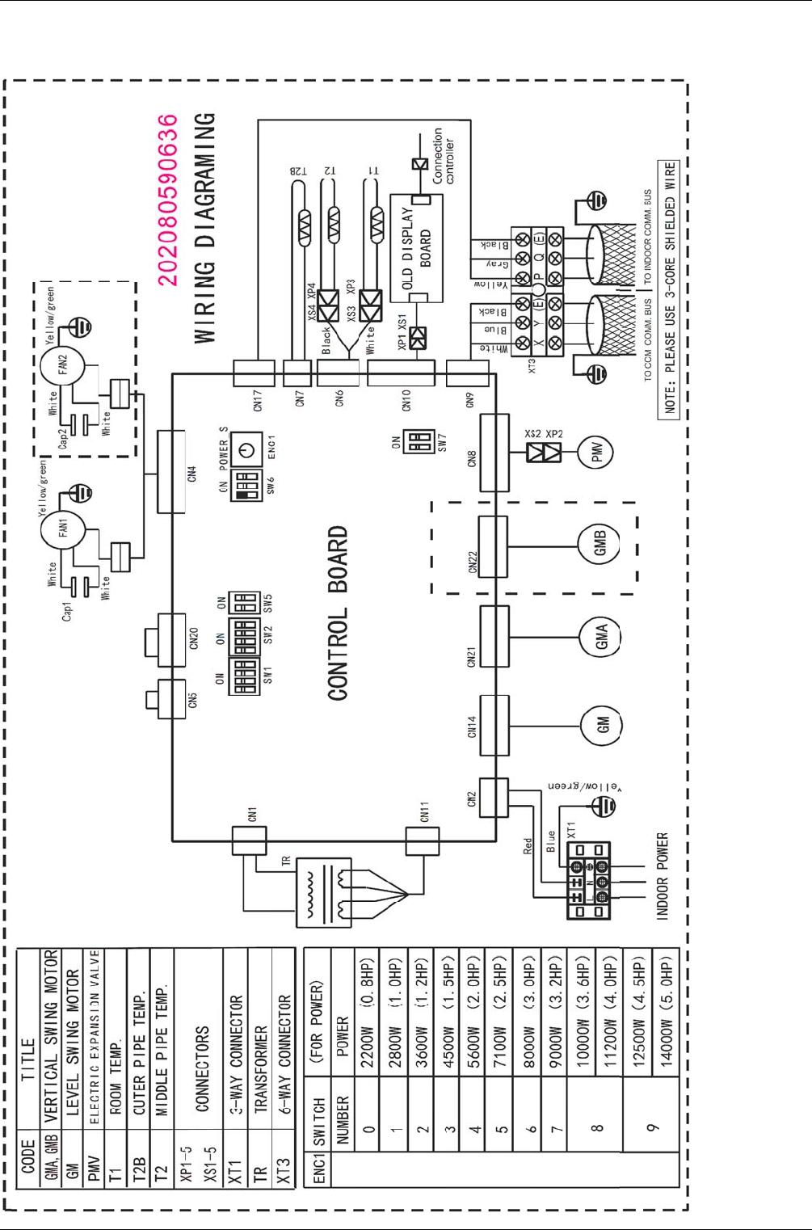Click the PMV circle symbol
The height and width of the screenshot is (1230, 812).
pyautogui.click(x=596, y=452)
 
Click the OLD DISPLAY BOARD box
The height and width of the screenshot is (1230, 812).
pyautogui.click(x=416, y=247)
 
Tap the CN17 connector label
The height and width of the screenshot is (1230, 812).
pyautogui.click(x=258, y=399)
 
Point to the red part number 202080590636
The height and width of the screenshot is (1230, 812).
pyautogui.click(x=167, y=200)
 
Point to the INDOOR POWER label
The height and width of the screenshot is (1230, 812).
pyautogui.click(x=663, y=876)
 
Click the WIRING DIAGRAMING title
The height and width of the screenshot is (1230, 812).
pyautogui.click(x=205, y=227)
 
